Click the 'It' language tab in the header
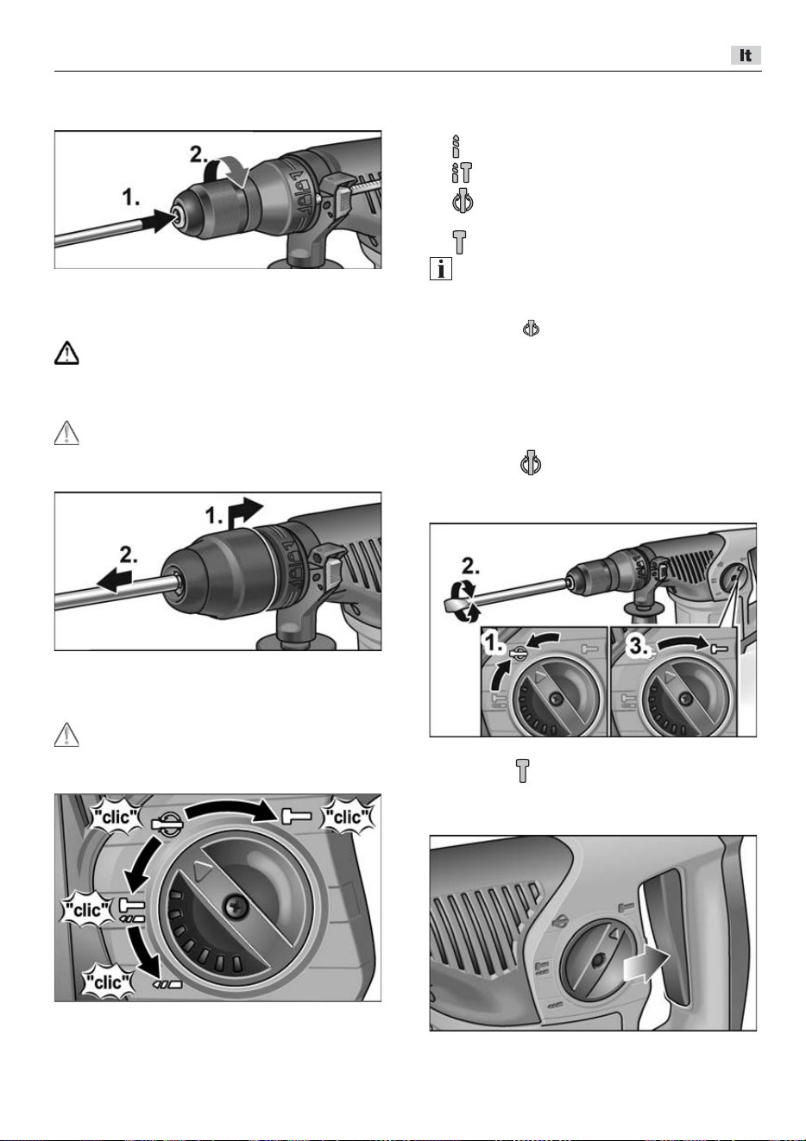(x=746, y=55)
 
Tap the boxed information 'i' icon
(x=440, y=268)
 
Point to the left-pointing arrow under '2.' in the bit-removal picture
(x=114, y=581)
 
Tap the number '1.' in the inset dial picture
(x=494, y=644)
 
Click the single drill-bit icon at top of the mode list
(x=456, y=147)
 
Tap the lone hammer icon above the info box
(x=459, y=242)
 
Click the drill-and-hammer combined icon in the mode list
(x=462, y=172)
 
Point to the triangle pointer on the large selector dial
(x=203, y=872)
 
